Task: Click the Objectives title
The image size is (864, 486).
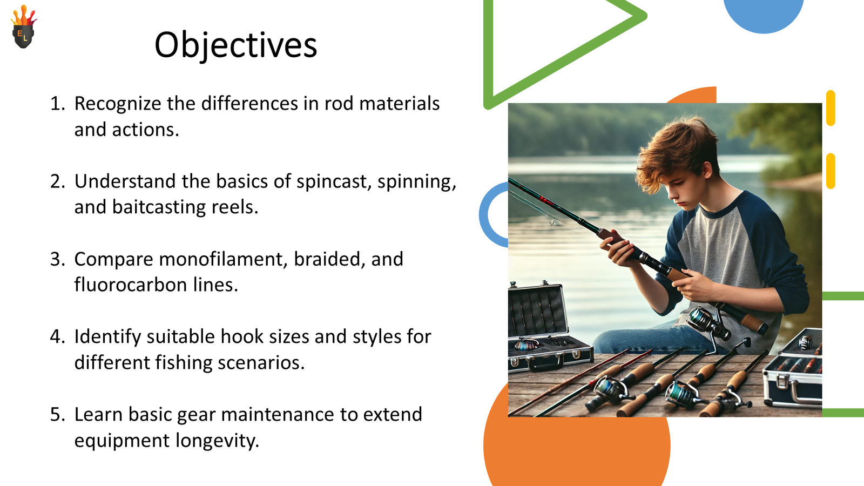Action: tap(235, 45)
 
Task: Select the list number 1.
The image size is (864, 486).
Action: tap(57, 104)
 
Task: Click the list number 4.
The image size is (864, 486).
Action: tap(57, 336)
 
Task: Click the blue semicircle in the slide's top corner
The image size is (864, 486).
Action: tap(763, 13)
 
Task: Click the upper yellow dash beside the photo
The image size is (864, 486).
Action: tap(831, 108)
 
